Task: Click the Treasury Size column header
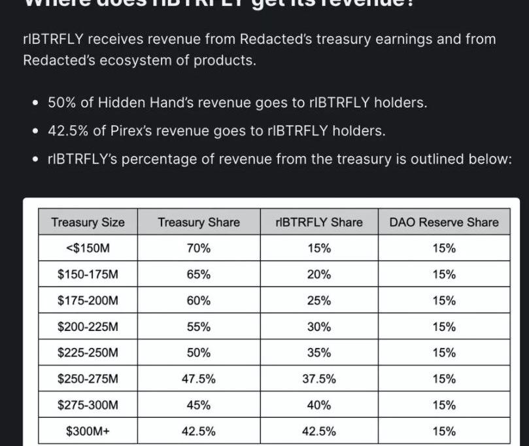(88, 222)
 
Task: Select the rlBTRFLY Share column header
(318, 222)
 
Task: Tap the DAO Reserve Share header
(443, 222)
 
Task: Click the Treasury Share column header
(199, 222)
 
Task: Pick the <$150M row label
(88, 249)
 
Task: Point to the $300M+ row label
(88, 431)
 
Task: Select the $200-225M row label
(88, 326)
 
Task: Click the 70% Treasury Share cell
(199, 249)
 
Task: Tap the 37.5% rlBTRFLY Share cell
(318, 379)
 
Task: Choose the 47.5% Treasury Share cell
(199, 379)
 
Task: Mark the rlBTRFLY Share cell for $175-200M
(318, 301)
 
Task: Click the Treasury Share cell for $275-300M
(199, 405)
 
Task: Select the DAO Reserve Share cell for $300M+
(443, 431)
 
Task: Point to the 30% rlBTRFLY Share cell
(318, 326)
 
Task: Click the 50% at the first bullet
(63, 103)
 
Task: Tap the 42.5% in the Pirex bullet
(69, 131)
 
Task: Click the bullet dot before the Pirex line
(35, 131)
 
